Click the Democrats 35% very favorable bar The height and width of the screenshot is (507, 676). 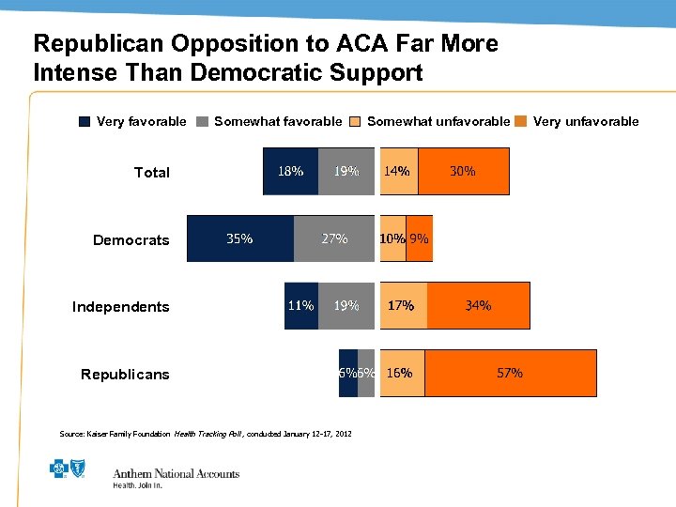[240, 238]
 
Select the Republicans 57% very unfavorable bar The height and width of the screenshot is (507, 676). [511, 373]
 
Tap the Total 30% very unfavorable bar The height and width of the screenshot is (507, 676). [463, 171]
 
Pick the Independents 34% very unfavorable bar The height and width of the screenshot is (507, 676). [478, 305]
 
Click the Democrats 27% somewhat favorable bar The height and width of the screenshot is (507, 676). [334, 238]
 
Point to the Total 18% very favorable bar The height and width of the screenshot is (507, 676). [290, 171]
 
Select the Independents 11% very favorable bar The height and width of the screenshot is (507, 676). [300, 305]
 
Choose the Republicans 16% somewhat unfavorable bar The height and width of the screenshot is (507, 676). [400, 373]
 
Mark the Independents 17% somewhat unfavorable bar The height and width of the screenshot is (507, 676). [402, 305]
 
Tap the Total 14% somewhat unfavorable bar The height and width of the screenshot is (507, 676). [397, 171]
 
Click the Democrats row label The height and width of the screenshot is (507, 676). [131, 240]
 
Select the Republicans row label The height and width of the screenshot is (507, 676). [125, 375]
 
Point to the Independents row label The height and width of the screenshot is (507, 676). [121, 307]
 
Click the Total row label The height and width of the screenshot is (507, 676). [152, 173]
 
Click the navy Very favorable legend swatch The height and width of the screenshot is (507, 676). [84, 121]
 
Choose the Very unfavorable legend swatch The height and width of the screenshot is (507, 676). [522, 121]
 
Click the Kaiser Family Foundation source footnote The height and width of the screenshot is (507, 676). [205, 434]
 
